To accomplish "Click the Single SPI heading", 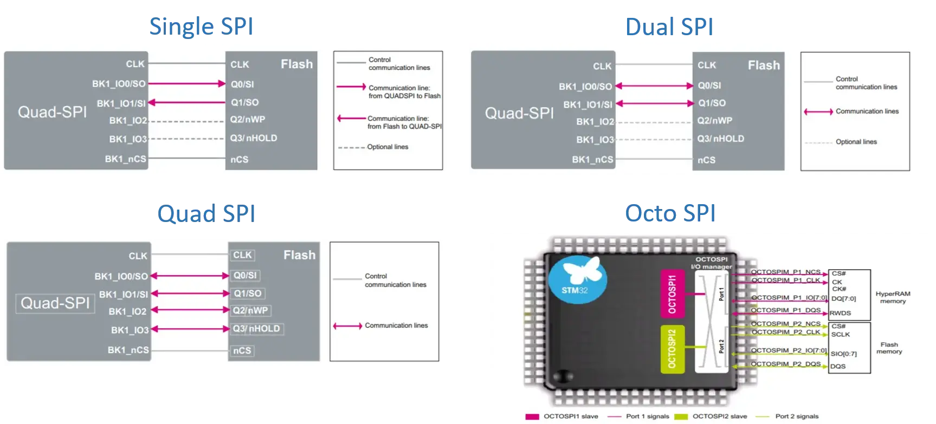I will click(201, 27).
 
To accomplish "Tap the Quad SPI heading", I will click(205, 214).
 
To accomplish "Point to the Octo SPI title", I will click(669, 214).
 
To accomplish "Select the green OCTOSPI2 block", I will click(672, 349).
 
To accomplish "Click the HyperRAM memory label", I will click(893, 297).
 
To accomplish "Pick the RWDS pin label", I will click(840, 313).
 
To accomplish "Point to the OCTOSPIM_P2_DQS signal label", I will click(785, 364).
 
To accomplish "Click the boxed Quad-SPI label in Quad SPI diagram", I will click(55, 303).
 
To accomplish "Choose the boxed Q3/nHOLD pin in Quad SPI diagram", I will click(256, 329).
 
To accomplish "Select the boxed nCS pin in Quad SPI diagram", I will click(242, 350).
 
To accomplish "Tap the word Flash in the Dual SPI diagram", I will click(764, 66).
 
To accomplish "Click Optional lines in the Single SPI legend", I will click(388, 147).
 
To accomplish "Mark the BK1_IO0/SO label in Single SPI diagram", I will click(119, 84).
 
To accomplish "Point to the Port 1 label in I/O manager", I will click(721, 294).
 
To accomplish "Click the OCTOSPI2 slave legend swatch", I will click(681, 416).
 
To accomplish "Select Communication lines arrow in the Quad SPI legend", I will click(347, 326).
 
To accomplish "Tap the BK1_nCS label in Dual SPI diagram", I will click(592, 160).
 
